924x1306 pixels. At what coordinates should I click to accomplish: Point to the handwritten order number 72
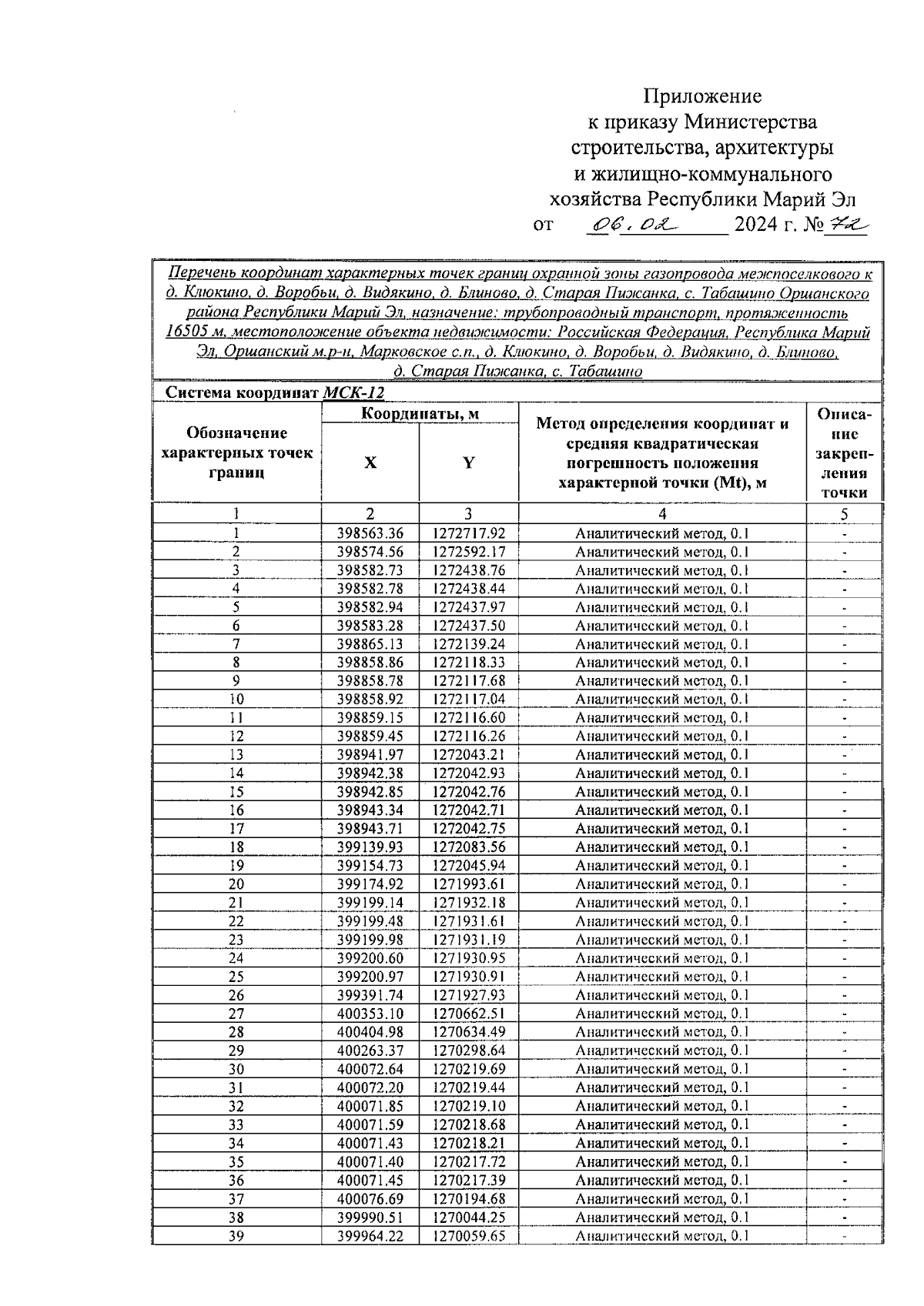pyautogui.click(x=845, y=225)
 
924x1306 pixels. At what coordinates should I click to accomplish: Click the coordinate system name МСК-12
pyautogui.click(x=353, y=392)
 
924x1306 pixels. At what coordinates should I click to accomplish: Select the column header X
pyautogui.click(x=370, y=463)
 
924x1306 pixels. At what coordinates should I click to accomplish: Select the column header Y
pyautogui.click(x=468, y=463)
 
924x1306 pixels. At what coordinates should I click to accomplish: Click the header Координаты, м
pyautogui.click(x=420, y=414)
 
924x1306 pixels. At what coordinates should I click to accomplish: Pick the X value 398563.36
pyautogui.click(x=370, y=533)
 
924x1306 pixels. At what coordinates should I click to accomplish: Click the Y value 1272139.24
pyautogui.click(x=468, y=644)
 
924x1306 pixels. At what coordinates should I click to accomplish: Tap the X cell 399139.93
pyautogui.click(x=370, y=847)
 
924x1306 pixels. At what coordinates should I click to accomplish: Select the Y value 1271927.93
pyautogui.click(x=468, y=995)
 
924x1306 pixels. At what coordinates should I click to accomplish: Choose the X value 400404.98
pyautogui.click(x=370, y=1032)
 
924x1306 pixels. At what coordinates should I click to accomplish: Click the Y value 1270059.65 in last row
pyautogui.click(x=468, y=1235)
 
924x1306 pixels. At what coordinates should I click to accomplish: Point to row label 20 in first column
pyautogui.click(x=236, y=884)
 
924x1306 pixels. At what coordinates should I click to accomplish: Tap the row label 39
pyautogui.click(x=236, y=1235)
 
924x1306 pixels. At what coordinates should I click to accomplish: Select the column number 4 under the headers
pyautogui.click(x=662, y=514)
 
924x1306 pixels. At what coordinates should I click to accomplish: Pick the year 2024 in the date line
pyautogui.click(x=759, y=225)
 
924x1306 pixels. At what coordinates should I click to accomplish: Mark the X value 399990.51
pyautogui.click(x=370, y=1217)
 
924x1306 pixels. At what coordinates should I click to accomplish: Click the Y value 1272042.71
pyautogui.click(x=468, y=810)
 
